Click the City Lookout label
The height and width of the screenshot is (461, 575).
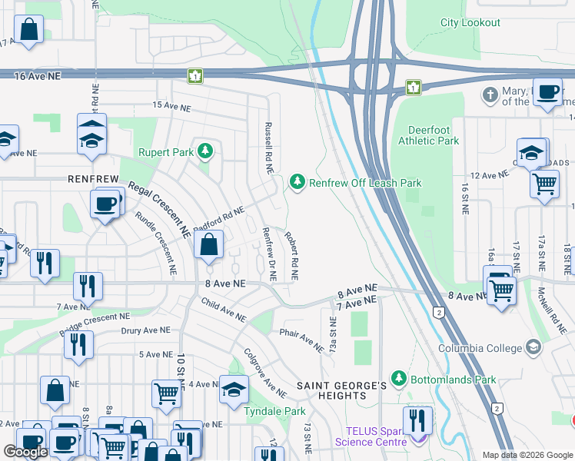[x=470, y=23]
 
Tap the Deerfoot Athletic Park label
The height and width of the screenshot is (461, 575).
[x=428, y=135]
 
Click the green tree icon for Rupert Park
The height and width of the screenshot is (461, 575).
[x=204, y=151]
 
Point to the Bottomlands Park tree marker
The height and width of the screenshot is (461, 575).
[x=398, y=379]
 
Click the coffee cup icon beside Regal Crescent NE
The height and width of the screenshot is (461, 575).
[x=105, y=204]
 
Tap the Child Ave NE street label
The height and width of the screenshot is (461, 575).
[x=222, y=311]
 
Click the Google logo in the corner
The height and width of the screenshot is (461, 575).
[x=26, y=452]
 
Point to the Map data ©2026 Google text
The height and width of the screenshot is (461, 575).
[x=526, y=455]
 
